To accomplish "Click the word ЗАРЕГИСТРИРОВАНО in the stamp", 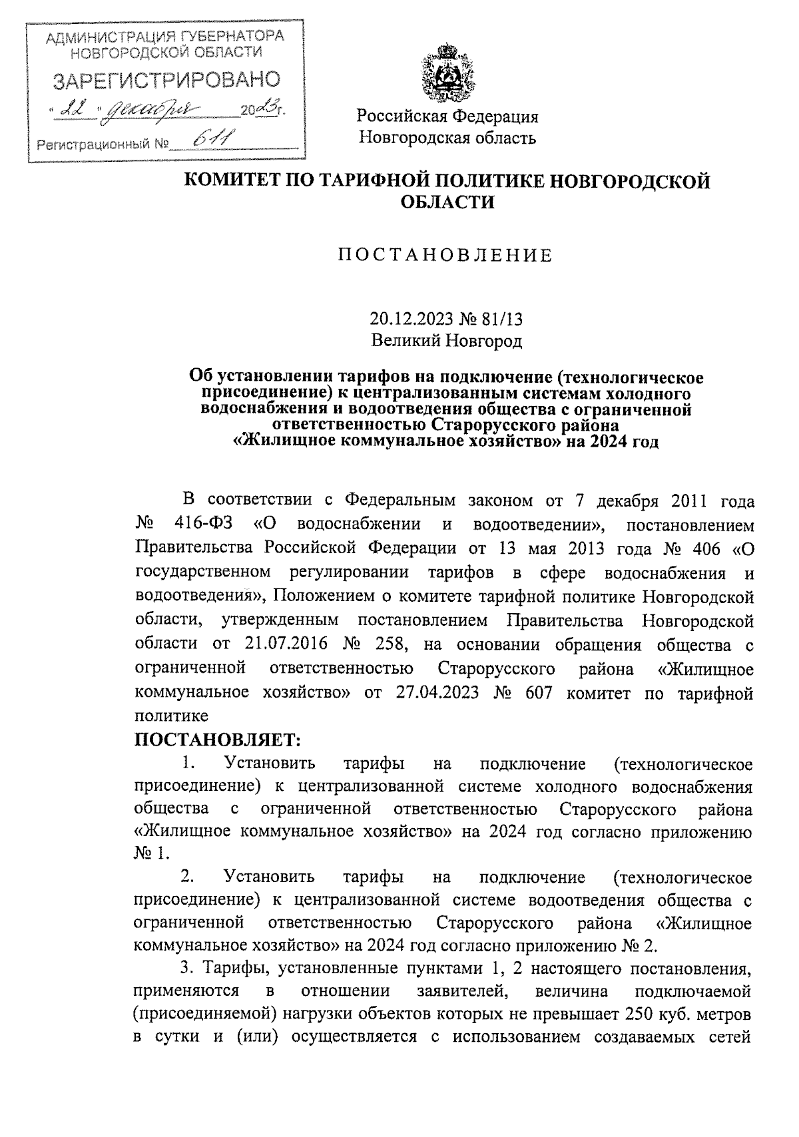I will click(x=166, y=81).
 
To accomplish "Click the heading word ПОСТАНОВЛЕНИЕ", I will click(x=445, y=255).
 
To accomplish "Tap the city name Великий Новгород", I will click(x=446, y=341).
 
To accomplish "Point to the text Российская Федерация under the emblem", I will click(x=447, y=117).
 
